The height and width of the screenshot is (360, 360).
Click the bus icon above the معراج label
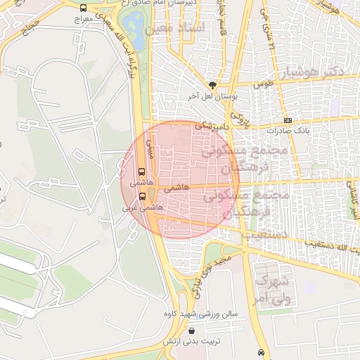(x=84, y=8)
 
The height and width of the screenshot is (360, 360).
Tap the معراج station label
(x=84, y=20)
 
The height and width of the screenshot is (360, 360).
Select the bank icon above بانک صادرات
(x=286, y=120)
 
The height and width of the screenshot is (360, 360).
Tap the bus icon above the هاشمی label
(x=143, y=172)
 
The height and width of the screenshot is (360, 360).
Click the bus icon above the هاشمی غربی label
(x=143, y=196)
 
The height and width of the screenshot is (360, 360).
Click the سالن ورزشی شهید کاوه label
(x=201, y=314)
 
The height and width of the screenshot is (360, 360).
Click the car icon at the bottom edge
(x=262, y=352)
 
